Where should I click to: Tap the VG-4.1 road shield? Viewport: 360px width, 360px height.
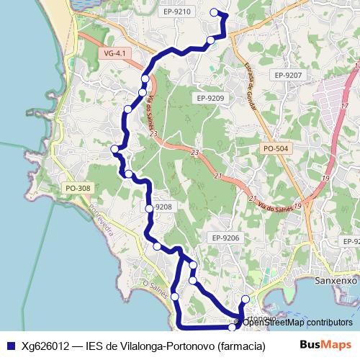tap(114, 53)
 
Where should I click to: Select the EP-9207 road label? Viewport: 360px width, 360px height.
tap(288, 75)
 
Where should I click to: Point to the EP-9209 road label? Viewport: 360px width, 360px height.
tap(210, 98)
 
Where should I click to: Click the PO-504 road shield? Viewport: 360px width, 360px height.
tap(275, 148)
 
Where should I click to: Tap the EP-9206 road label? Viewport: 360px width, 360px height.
tap(225, 237)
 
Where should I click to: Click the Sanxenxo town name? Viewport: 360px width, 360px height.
tap(337, 279)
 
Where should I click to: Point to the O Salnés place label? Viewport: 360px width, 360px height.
tap(156, 290)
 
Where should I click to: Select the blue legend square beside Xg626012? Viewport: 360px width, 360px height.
tap(10, 346)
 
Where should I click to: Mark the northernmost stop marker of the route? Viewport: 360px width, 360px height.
tap(213, 12)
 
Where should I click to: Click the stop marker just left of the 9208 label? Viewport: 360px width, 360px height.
tap(149, 208)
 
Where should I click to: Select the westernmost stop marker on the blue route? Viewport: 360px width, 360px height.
tap(114, 149)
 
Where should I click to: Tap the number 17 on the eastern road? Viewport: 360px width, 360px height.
tap(344, 106)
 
